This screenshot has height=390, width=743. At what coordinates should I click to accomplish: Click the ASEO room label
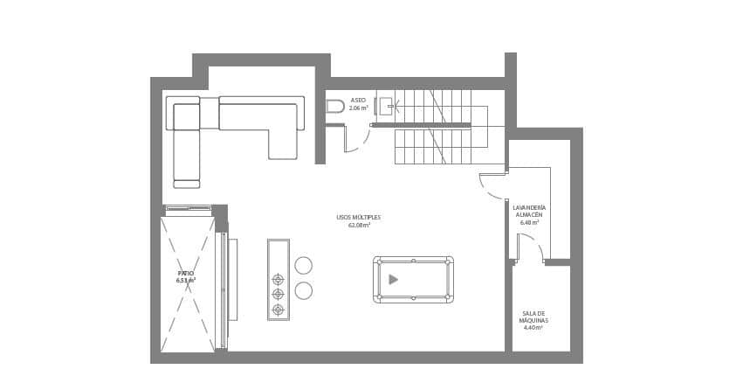click(x=358, y=101)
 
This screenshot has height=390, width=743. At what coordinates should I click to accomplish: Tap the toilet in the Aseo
click(x=335, y=107)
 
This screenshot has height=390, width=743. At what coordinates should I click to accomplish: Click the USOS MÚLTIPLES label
click(x=358, y=218)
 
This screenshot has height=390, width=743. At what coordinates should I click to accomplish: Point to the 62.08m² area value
click(x=359, y=226)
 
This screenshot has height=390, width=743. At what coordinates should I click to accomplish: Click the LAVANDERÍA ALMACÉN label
click(x=529, y=211)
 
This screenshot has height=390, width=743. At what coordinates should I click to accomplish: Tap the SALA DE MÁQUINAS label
click(x=533, y=317)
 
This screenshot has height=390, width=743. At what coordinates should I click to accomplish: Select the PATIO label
click(x=186, y=274)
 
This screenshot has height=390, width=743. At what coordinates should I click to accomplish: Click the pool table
click(x=413, y=279)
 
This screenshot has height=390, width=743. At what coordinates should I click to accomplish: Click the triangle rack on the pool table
click(x=393, y=279)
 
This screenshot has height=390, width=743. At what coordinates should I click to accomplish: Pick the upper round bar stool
click(x=303, y=265)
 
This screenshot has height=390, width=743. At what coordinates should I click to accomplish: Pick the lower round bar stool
click(x=303, y=290)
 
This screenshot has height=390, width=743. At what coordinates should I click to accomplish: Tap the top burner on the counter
click(x=278, y=280)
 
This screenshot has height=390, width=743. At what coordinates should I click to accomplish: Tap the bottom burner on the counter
click(x=278, y=310)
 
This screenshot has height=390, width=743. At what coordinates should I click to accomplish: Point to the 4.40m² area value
click(x=533, y=328)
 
